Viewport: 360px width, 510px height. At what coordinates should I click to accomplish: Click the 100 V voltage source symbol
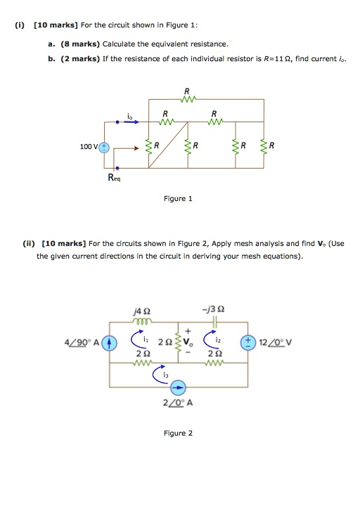point(104,147)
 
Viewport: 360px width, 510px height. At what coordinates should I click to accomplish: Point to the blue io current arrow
point(131,121)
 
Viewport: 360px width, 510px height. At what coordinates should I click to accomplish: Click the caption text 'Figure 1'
point(178,199)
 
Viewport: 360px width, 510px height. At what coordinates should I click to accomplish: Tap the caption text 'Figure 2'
point(178,433)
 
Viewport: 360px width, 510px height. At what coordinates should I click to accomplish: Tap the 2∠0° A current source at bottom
point(179,387)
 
